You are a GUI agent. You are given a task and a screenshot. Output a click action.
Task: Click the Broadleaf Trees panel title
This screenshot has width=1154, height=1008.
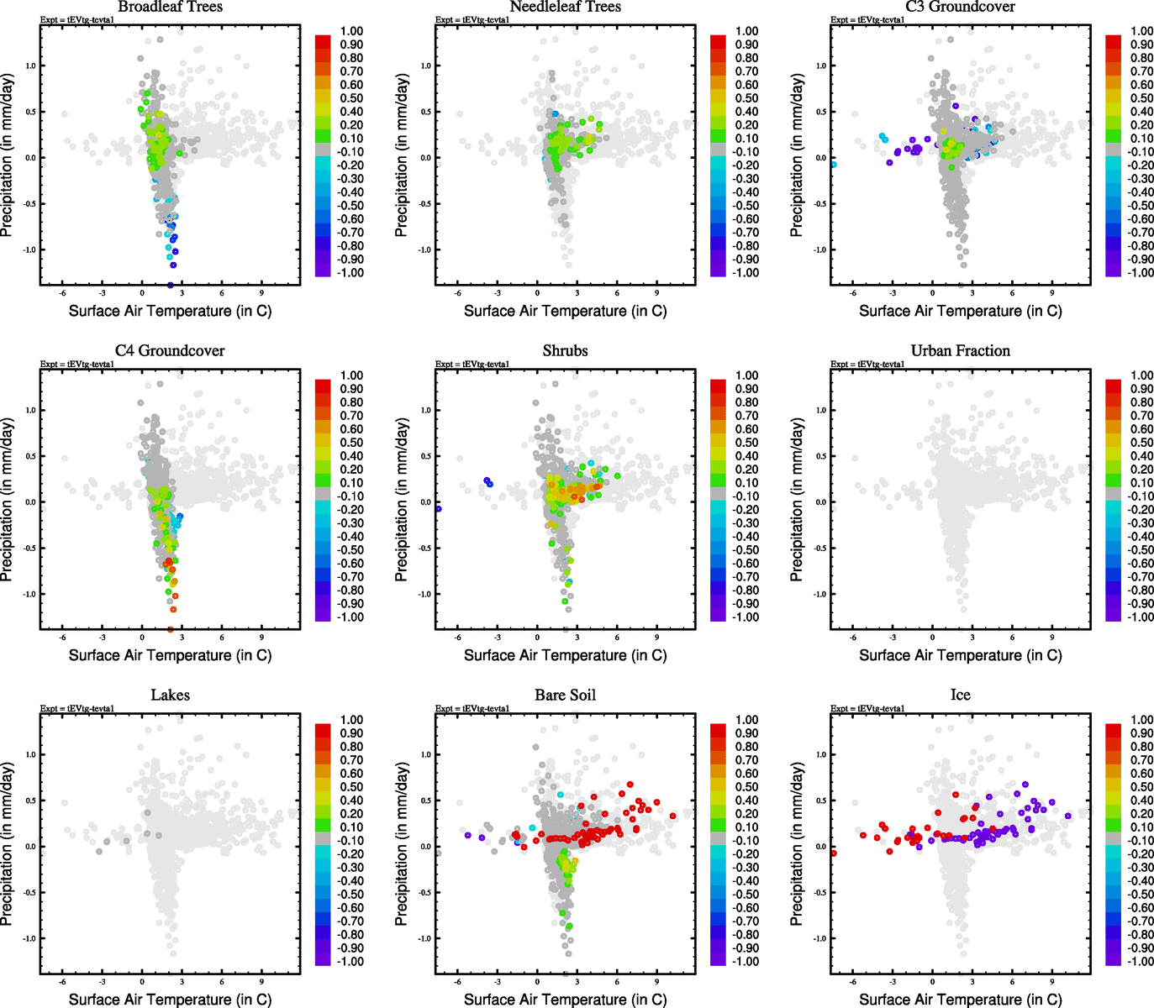170,8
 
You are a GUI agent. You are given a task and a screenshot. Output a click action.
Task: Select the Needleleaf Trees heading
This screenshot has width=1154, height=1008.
565,8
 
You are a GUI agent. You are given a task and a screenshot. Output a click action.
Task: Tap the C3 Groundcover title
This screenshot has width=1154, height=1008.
960,8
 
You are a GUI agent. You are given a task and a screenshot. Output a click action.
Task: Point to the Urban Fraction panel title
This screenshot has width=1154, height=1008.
960,351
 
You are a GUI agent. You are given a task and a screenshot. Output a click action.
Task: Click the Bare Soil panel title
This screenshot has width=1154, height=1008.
565,696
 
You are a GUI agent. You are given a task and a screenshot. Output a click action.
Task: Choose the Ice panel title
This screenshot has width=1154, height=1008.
960,696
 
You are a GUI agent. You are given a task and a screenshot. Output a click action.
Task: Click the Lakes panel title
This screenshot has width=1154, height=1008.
170,696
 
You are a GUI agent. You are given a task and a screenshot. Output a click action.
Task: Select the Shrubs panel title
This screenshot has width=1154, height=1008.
565,351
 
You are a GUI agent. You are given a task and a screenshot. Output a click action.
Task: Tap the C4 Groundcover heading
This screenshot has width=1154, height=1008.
170,351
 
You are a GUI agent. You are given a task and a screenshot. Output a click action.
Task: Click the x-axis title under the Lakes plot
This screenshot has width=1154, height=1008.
170,1000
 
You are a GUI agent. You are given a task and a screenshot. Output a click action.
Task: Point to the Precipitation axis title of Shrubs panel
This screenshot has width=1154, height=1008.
402,500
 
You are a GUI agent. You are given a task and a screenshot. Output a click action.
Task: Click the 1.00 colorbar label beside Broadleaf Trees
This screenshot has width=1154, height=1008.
351,31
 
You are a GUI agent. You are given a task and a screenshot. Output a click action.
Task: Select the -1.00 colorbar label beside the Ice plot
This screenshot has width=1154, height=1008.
1141,962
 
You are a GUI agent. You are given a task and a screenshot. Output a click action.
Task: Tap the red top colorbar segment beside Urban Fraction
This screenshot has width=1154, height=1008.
1113,386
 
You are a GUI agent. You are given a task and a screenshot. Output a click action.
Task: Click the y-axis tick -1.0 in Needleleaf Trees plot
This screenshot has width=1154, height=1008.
425,249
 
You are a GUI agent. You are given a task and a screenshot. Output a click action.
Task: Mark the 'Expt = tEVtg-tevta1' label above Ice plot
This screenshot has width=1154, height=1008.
867,709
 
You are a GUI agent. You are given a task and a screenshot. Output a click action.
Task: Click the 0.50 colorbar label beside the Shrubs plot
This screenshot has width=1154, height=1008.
746,443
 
